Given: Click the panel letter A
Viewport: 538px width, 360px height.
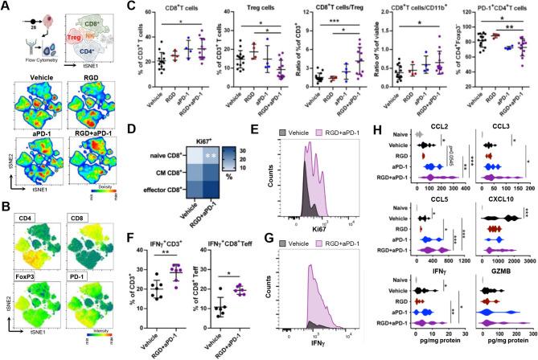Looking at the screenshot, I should pos(6,6).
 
